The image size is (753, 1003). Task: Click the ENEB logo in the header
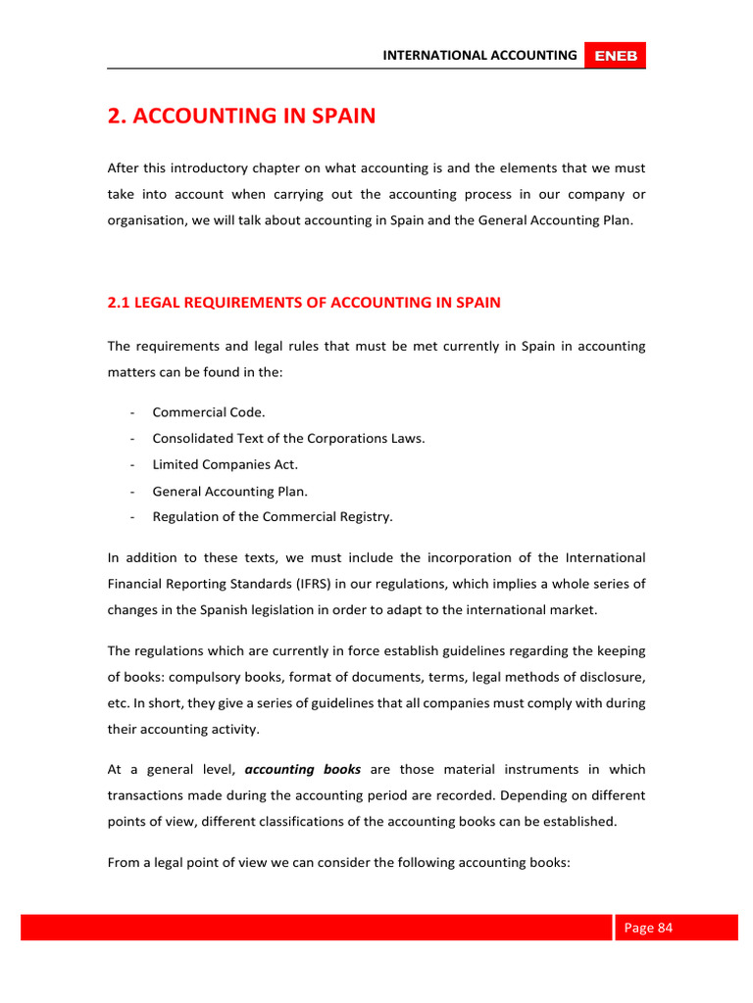(616, 56)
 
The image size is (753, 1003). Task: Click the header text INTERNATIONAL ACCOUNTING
(479, 56)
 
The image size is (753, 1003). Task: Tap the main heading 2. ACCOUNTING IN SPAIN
(241, 117)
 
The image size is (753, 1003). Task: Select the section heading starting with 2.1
(304, 303)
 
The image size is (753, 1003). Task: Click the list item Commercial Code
(209, 412)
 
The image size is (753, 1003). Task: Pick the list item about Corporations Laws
(288, 439)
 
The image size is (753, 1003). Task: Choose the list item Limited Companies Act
(226, 464)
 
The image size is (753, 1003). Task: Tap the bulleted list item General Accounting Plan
(229, 492)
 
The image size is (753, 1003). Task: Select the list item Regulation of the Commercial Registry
(273, 517)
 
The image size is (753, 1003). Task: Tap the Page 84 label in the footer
(648, 928)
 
